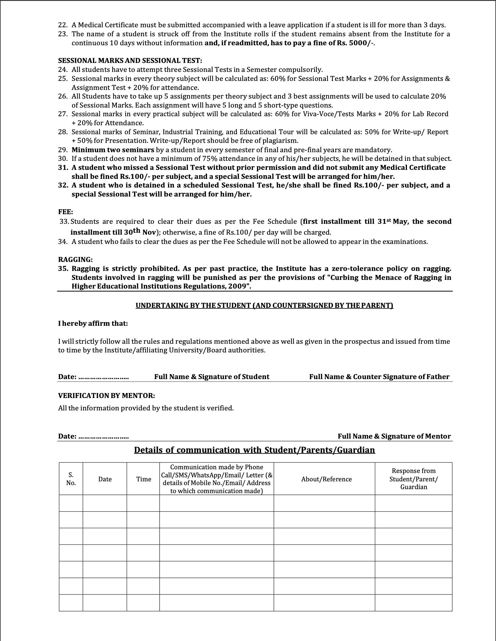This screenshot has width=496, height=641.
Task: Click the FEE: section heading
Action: coord(66,212)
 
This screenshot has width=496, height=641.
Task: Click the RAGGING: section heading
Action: coord(75,259)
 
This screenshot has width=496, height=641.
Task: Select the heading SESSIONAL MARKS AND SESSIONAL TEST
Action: coord(130,60)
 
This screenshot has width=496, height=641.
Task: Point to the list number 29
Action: coord(63,150)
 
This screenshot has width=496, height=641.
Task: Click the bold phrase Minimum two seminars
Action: coord(113,150)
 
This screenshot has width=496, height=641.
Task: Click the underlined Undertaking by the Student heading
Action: coord(264,305)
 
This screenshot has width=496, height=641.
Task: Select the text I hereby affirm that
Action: coord(93,323)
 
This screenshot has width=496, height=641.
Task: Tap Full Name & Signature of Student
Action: coord(212,377)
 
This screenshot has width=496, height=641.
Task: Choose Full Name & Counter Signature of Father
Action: coord(379,377)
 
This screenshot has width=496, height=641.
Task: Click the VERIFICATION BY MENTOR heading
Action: coord(106,396)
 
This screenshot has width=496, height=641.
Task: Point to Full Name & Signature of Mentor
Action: coord(394,436)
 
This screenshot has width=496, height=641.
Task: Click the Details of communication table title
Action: coord(255,450)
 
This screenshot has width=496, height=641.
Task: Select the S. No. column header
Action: coord(71,479)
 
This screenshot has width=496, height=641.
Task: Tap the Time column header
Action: coord(144,479)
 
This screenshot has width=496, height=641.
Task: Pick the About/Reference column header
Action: coord(326,479)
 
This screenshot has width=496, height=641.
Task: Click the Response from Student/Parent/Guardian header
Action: coord(414,479)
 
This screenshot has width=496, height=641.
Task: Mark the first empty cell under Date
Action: coord(105,503)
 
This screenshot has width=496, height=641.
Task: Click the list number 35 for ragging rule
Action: coord(63,268)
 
